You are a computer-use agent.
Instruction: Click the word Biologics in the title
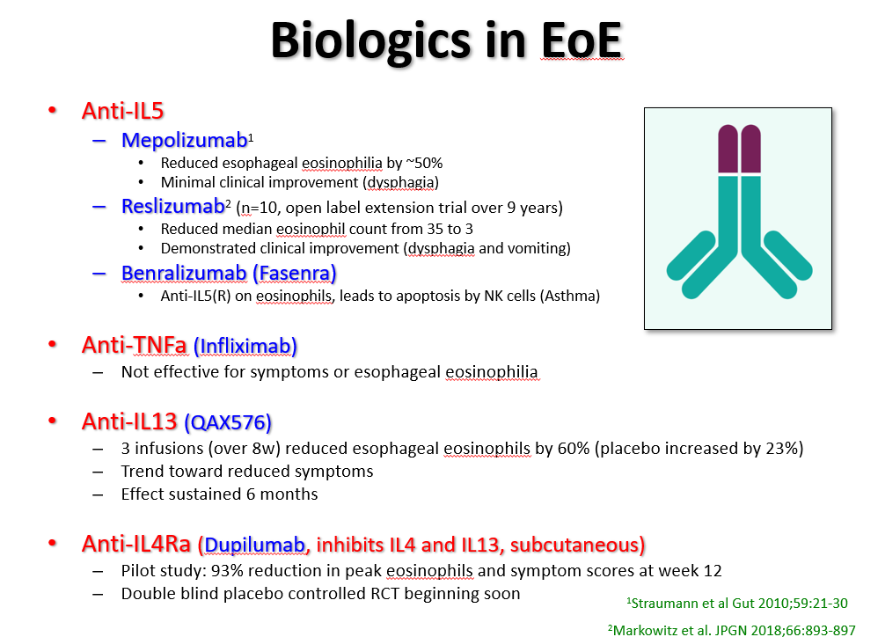tap(370, 40)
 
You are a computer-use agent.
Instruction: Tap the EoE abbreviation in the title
tap(582, 40)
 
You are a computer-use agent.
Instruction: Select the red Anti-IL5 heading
tap(122, 111)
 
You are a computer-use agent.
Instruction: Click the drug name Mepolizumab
tap(184, 140)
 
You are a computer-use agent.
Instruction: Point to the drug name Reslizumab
tap(173, 206)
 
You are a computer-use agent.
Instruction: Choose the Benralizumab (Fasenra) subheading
tap(229, 273)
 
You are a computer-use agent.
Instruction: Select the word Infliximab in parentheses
tap(245, 346)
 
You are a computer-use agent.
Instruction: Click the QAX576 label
tap(227, 422)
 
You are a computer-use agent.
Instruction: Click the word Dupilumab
tap(254, 545)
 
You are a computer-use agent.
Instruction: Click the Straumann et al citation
tap(737, 604)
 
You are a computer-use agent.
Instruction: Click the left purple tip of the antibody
tap(728, 149)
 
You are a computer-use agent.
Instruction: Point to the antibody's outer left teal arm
tap(691, 254)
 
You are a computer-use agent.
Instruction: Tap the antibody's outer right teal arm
tap(788, 254)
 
